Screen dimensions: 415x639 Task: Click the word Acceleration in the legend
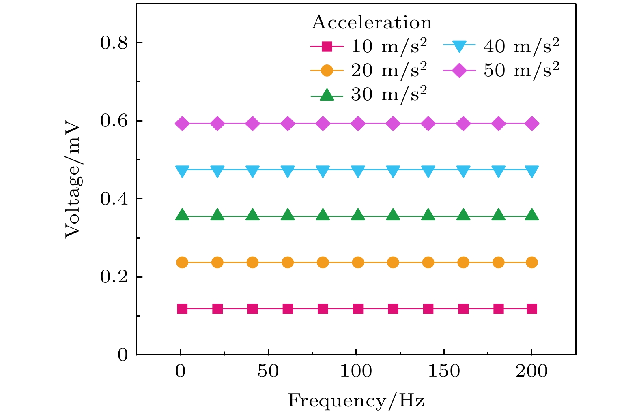pyautogui.click(x=372, y=23)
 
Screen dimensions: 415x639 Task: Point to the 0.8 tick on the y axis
pyautogui.click(x=114, y=43)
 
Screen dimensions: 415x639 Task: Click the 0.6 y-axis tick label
pyautogui.click(x=114, y=121)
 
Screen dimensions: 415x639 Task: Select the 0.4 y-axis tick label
pyautogui.click(x=114, y=199)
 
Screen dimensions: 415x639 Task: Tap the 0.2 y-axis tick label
pyautogui.click(x=114, y=277)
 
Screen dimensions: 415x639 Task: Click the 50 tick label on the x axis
pyautogui.click(x=268, y=371)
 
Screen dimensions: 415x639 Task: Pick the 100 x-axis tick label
pyautogui.click(x=356, y=371)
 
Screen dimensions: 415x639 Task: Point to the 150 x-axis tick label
pyautogui.click(x=444, y=371)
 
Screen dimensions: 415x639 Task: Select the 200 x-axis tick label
pyautogui.click(x=531, y=371)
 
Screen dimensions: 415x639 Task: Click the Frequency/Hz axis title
pyautogui.click(x=356, y=401)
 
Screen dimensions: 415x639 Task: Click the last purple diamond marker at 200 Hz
pyautogui.click(x=532, y=124)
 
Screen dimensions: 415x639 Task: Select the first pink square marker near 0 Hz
pyautogui.click(x=183, y=309)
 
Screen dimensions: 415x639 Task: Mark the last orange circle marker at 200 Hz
pyautogui.click(x=532, y=263)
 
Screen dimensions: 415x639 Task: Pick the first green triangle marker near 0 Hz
pyautogui.click(x=183, y=216)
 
